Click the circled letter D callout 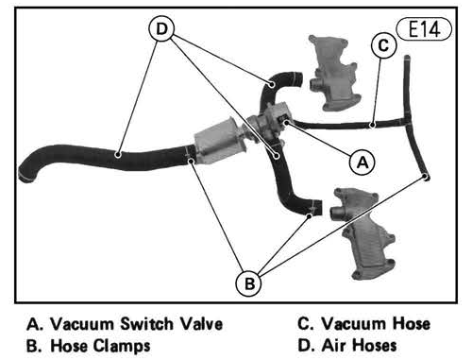click(161, 28)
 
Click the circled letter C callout click(383, 45)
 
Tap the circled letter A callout click(362, 163)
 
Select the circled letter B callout click(249, 283)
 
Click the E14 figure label click(424, 29)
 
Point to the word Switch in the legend click(147, 324)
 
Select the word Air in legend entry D click(333, 345)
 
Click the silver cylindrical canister click(219, 140)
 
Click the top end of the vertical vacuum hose click(407, 59)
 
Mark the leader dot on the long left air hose click(118, 155)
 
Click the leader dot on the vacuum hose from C click(372, 125)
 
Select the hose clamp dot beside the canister click(191, 162)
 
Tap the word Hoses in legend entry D click(374, 345)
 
